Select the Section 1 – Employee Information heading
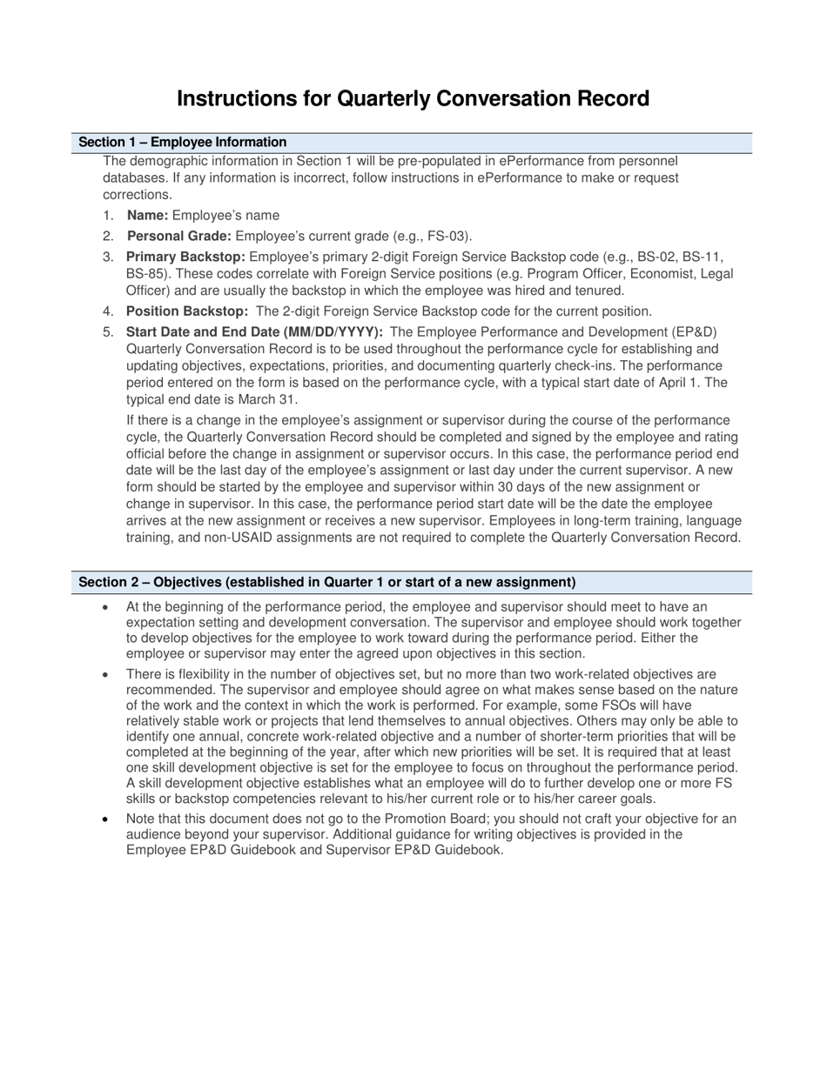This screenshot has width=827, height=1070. [183, 143]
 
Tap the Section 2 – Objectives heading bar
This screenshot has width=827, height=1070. [326, 582]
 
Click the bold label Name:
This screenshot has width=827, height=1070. [148, 215]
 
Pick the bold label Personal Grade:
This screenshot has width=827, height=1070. [179, 236]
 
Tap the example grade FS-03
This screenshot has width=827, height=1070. [449, 236]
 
